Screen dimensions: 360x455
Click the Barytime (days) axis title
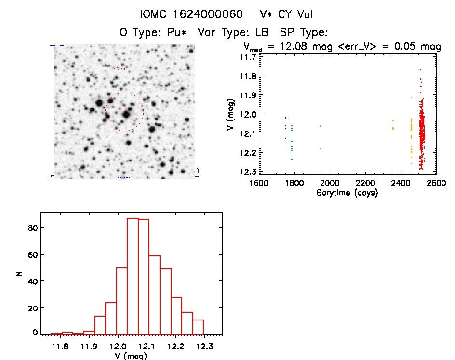pyautogui.click(x=347, y=193)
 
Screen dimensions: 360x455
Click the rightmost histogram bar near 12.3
pyautogui.click(x=198, y=327)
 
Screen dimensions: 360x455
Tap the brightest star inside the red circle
pyautogui.click(x=127, y=114)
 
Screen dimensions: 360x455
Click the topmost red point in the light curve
pyautogui.click(x=420, y=70)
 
